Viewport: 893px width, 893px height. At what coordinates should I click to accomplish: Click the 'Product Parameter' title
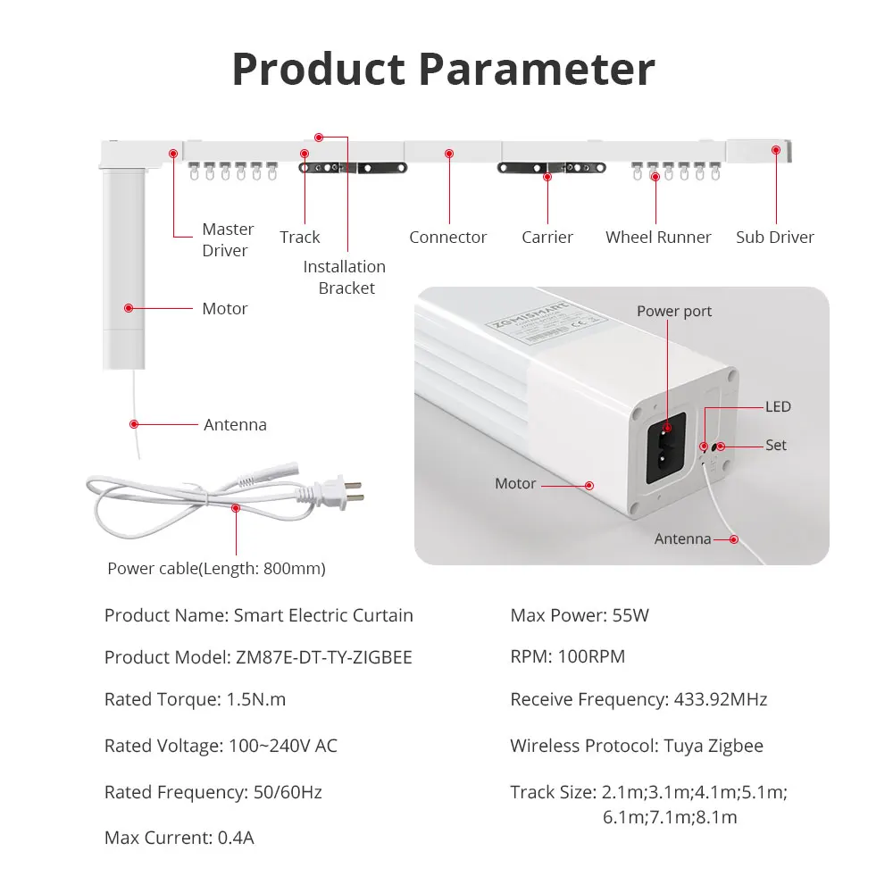pyautogui.click(x=444, y=69)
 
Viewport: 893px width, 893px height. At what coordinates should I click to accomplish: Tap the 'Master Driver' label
pyautogui.click(x=228, y=240)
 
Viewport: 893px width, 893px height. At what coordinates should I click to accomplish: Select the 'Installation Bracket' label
pyautogui.click(x=345, y=277)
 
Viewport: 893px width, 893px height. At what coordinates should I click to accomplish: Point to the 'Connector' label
pyautogui.click(x=447, y=237)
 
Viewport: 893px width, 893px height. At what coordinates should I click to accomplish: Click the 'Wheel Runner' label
pyautogui.click(x=658, y=237)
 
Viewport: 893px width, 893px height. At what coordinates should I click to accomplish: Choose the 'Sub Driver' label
pyautogui.click(x=774, y=237)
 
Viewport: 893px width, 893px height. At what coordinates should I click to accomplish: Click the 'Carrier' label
pyautogui.click(x=547, y=237)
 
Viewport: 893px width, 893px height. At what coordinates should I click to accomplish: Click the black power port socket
pyautogui.click(x=665, y=447)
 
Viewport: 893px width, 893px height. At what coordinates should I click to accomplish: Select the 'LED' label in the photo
pyautogui.click(x=778, y=406)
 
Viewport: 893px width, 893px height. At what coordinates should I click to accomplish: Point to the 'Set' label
pyautogui.click(x=775, y=445)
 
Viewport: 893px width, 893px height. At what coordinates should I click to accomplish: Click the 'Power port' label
pyautogui.click(x=674, y=311)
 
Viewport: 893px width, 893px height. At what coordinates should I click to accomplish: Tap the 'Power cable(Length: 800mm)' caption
pyautogui.click(x=216, y=568)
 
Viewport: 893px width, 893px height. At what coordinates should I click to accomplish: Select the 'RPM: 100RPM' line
pyautogui.click(x=567, y=656)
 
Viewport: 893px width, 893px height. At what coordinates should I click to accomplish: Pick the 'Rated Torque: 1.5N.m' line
pyautogui.click(x=195, y=699)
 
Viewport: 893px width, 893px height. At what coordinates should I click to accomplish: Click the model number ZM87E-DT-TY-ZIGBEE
pyautogui.click(x=323, y=657)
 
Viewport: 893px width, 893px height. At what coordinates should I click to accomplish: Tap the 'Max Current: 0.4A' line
pyautogui.click(x=179, y=838)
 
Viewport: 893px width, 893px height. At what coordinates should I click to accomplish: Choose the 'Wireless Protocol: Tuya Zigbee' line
pyautogui.click(x=636, y=746)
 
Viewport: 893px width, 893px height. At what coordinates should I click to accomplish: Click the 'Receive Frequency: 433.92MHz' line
pyautogui.click(x=638, y=699)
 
